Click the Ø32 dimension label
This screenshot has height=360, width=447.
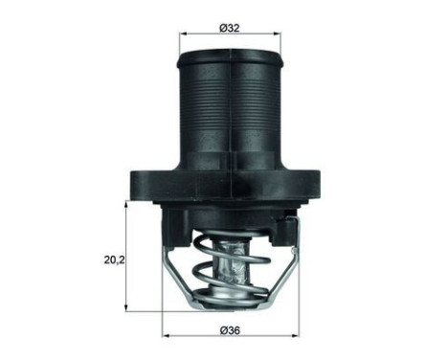(x=229, y=28)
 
